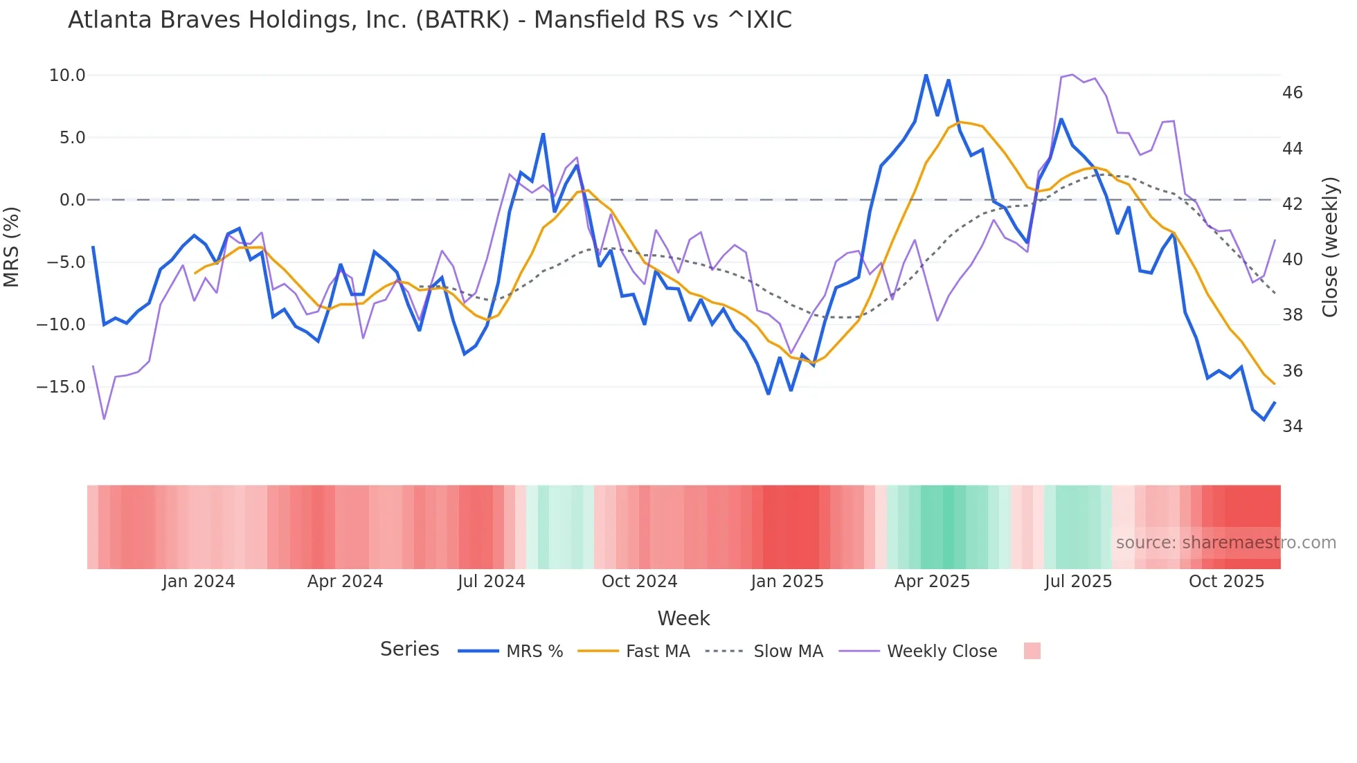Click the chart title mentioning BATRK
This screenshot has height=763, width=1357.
(429, 20)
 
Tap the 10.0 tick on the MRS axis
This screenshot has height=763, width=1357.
(67, 75)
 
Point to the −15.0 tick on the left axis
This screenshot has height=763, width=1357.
(61, 387)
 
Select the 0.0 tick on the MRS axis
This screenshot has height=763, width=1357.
(72, 200)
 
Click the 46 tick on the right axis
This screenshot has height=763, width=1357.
(1292, 93)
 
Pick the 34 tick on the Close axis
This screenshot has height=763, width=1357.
(1292, 427)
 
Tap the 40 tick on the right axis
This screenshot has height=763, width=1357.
(1292, 260)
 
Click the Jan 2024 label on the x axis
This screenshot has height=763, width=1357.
(199, 582)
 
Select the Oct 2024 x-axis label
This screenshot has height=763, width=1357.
(639, 582)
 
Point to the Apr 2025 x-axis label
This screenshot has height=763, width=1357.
(932, 582)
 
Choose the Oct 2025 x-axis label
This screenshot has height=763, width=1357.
(1226, 582)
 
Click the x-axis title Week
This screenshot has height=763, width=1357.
(683, 618)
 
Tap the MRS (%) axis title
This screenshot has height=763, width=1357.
(12, 246)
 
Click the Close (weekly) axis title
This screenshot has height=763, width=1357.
(1330, 247)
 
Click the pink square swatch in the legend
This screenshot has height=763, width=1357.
(1032, 651)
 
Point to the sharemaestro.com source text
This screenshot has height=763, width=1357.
(1225, 543)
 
